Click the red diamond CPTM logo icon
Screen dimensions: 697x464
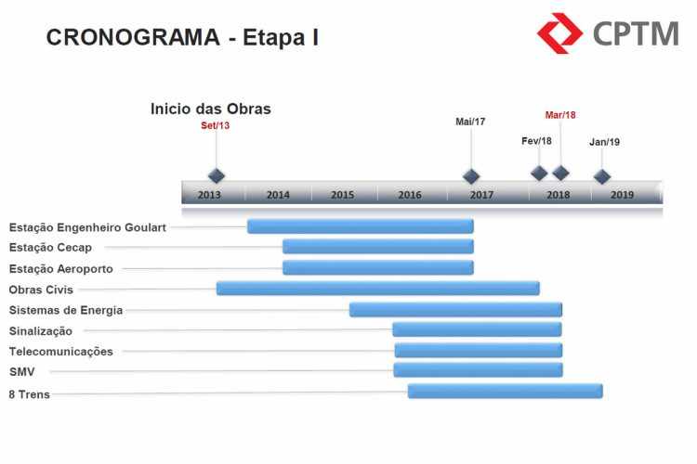click(x=559, y=33)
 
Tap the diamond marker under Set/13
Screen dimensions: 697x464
click(x=217, y=175)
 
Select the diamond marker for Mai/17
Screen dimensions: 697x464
click(x=471, y=176)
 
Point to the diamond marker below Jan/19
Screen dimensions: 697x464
click(x=602, y=176)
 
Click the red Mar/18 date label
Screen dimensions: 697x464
click(x=560, y=115)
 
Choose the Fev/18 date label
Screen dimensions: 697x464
click(x=536, y=141)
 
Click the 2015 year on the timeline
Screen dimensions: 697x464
click(x=342, y=195)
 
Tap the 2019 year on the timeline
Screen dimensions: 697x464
click(x=622, y=195)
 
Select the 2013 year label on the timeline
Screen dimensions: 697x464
click(x=209, y=195)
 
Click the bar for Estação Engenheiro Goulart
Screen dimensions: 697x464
click(x=361, y=226)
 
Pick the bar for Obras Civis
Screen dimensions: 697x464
click(x=378, y=289)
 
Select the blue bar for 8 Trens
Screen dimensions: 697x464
click(x=506, y=392)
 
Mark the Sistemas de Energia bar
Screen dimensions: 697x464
click(x=455, y=309)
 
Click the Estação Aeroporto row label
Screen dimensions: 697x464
click(x=61, y=269)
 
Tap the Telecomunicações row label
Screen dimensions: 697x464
click(x=61, y=352)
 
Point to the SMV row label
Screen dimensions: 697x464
click(x=21, y=372)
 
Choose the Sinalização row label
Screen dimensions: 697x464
click(x=41, y=331)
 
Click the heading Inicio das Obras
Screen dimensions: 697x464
click(x=211, y=109)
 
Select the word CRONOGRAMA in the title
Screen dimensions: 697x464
click(x=133, y=37)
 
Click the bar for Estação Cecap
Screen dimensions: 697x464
click(x=378, y=247)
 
